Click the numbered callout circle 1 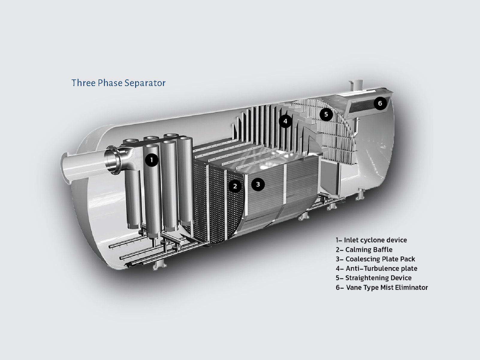(x=152, y=160)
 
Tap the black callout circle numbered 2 (x=235, y=186)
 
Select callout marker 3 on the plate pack (x=258, y=184)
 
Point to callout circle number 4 (x=285, y=121)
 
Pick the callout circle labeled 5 (x=326, y=114)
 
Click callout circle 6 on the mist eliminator (x=380, y=103)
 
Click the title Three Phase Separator (x=118, y=83)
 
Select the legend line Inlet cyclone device (x=371, y=240)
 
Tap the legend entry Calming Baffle (x=364, y=250)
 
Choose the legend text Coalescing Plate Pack (x=375, y=259)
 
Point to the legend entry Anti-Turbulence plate (x=376, y=268)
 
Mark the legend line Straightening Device (x=374, y=278)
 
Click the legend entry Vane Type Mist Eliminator (x=382, y=287)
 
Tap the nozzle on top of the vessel (x=356, y=85)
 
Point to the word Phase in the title (x=110, y=83)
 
